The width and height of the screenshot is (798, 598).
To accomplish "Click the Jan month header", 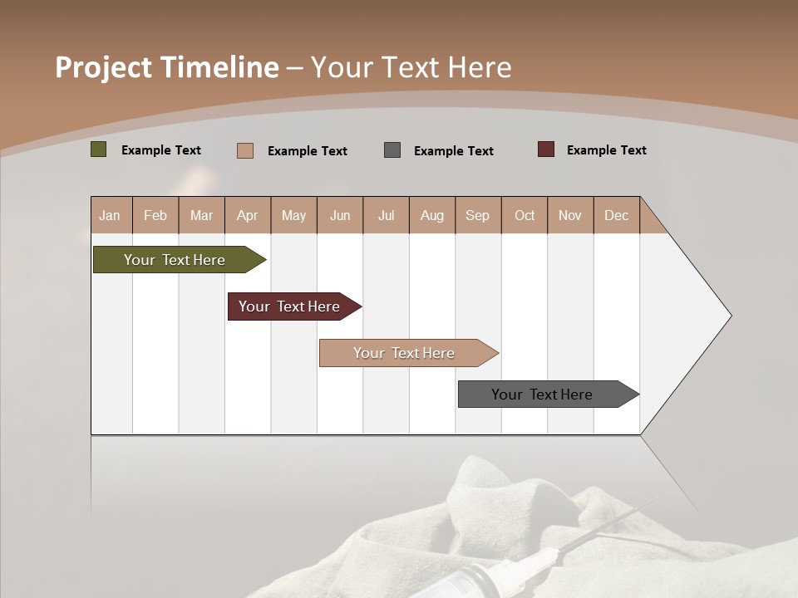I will [x=110, y=215].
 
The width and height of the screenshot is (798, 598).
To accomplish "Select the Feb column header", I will [x=155, y=215].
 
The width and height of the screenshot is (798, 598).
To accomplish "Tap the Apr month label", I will [x=247, y=215].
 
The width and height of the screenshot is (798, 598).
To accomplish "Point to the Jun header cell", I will [x=340, y=215].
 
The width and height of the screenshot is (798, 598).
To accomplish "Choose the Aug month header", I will [x=431, y=215].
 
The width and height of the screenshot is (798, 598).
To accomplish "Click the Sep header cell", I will [x=477, y=215].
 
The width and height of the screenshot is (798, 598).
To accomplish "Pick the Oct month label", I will [x=525, y=215].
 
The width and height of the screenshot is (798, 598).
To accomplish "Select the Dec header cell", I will [x=616, y=215].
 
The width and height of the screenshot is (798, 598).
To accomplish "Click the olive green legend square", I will [x=99, y=149].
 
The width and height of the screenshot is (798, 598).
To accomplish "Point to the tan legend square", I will [x=244, y=150].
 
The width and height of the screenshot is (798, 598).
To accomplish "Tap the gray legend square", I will [x=392, y=150].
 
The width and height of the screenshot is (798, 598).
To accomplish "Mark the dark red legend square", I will [x=546, y=149].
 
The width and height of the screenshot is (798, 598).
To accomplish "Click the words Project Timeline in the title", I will [x=167, y=67].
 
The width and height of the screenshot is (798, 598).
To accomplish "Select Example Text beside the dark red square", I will [x=606, y=150].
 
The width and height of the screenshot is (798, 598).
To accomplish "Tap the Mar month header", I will [x=201, y=215].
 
